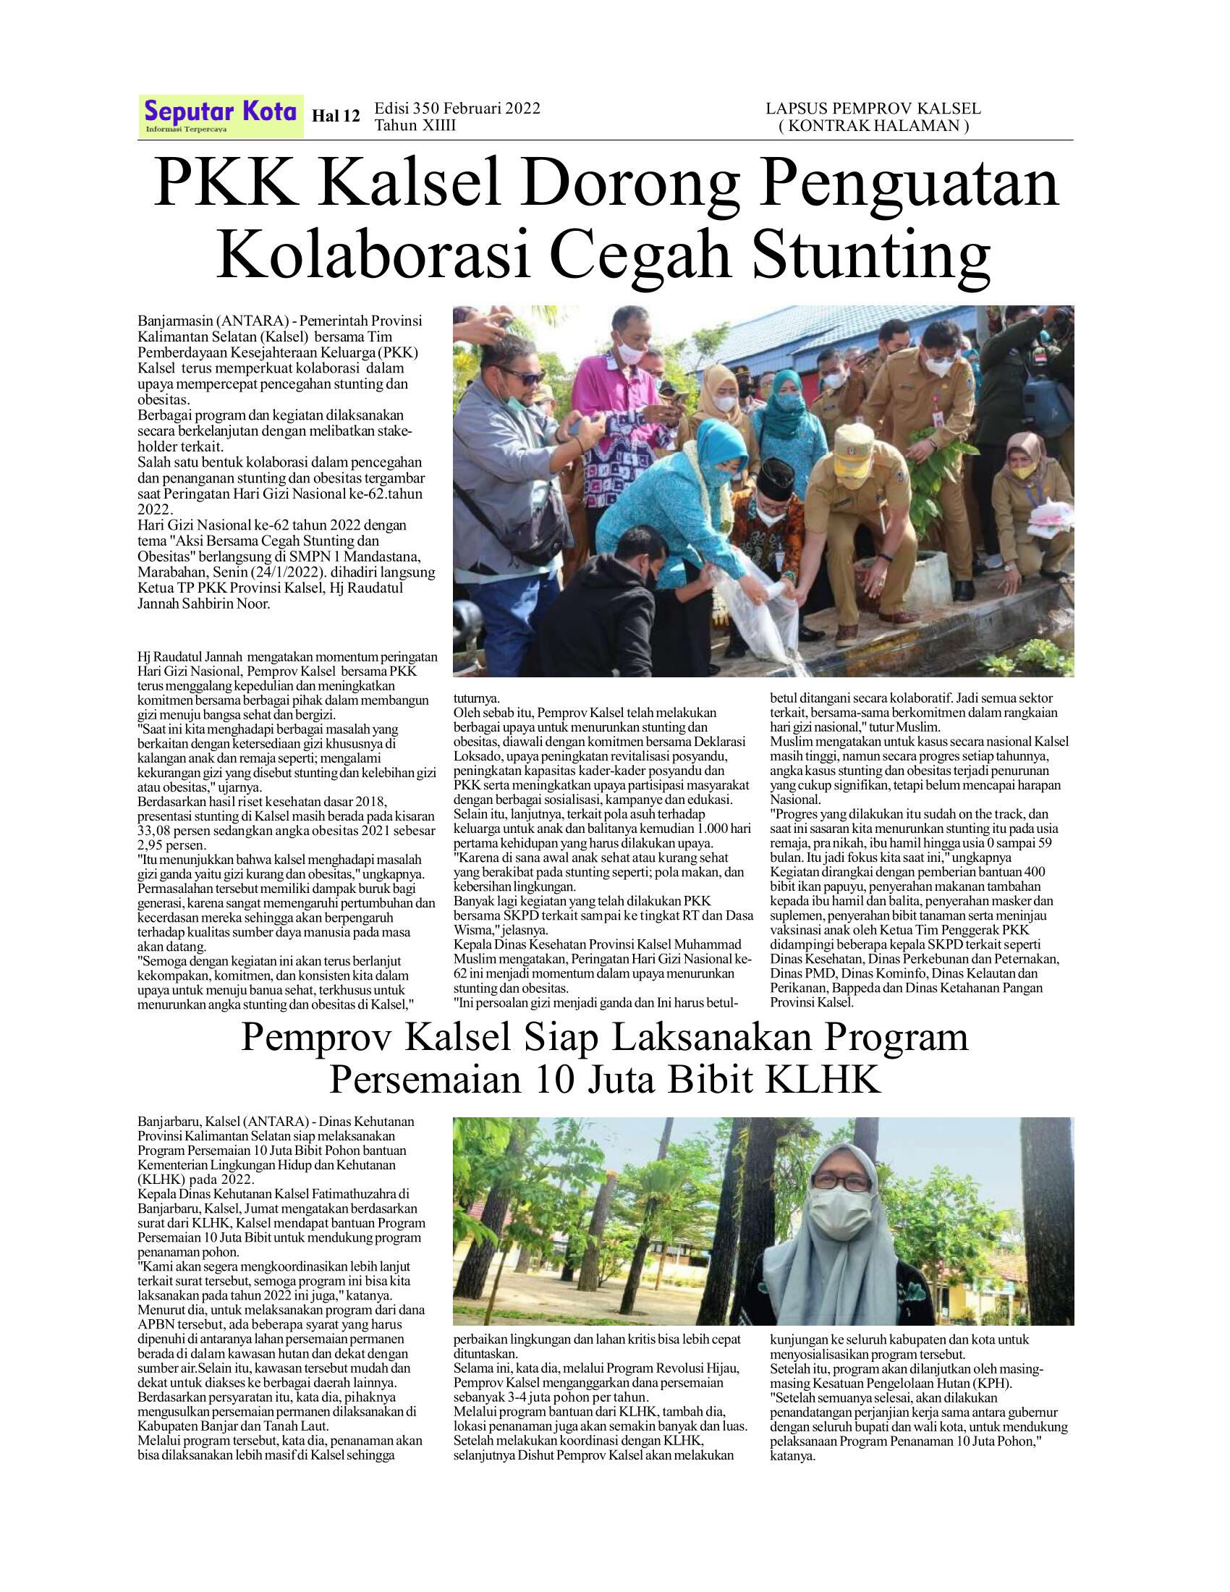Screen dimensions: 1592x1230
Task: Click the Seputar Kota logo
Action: coord(220,115)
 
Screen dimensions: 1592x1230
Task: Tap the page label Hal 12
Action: coord(336,116)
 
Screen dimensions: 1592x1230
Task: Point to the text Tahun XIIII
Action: coord(415,125)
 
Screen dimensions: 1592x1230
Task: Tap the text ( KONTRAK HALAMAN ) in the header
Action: coord(873,125)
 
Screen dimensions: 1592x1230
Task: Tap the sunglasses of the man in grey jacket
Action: coord(523,378)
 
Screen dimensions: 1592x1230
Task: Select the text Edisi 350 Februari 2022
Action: coord(457,109)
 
